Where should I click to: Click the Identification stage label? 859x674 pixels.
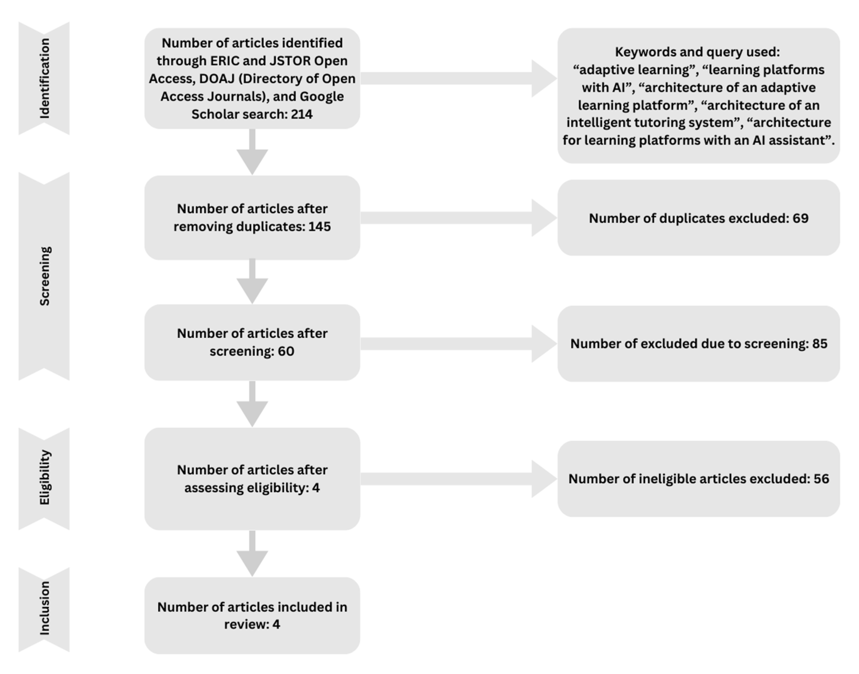coord(45,78)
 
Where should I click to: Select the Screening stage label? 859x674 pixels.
coord(45,276)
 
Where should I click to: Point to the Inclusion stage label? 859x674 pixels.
coord(45,608)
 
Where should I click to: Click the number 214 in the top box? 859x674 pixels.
coord(302,114)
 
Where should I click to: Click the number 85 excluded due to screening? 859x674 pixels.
coord(820,344)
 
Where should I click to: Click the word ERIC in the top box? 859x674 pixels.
coord(225,61)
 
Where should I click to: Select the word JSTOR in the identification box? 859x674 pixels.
coord(290,61)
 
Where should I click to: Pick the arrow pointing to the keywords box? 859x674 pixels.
coord(458,78)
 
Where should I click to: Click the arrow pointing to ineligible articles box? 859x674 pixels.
coord(458,479)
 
